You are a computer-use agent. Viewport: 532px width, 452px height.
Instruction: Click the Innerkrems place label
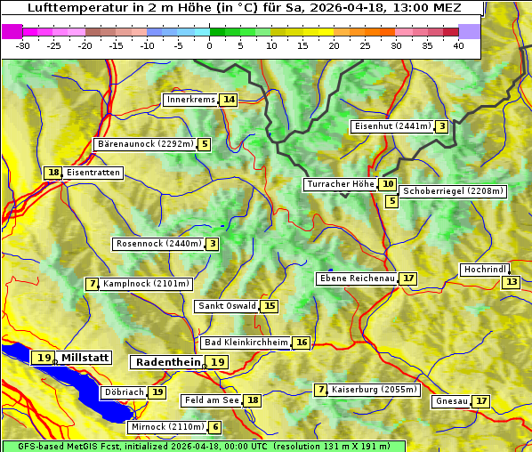(x=190, y=100)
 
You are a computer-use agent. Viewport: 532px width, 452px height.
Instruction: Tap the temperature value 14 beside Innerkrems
(x=230, y=100)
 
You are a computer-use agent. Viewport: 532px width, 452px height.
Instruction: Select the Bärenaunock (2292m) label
(x=145, y=143)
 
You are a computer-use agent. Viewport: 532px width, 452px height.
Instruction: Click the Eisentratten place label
(x=93, y=173)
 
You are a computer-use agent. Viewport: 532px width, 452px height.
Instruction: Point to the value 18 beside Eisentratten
(x=53, y=173)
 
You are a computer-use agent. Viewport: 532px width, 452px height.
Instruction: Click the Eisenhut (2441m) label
(x=392, y=126)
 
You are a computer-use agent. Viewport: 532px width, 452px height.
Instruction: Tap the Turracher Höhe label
(x=340, y=185)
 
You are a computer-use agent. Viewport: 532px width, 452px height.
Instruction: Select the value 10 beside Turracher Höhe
(x=388, y=185)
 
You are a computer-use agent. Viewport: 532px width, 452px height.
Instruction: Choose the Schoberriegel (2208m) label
(x=453, y=191)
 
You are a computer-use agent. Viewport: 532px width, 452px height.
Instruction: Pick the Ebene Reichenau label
(x=357, y=278)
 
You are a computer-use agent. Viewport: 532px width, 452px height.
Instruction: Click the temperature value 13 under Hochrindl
(x=511, y=282)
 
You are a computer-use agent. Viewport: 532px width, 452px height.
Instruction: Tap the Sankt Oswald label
(x=227, y=306)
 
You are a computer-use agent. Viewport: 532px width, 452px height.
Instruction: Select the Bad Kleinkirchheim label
(x=246, y=343)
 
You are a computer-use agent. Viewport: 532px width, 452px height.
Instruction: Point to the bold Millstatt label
(x=85, y=358)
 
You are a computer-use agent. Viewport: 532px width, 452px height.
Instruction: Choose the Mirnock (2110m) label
(x=167, y=427)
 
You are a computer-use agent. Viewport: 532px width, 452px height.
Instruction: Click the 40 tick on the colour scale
(x=457, y=45)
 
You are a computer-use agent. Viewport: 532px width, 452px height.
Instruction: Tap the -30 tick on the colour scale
(x=23, y=45)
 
